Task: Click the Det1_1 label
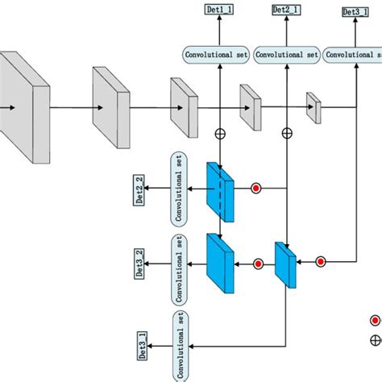click(219, 10)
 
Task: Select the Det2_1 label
click(286, 10)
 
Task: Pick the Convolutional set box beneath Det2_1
click(287, 56)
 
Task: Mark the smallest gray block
click(313, 107)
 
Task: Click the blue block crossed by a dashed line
click(219, 189)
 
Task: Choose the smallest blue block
click(286, 264)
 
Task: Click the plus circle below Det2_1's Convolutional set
click(286, 132)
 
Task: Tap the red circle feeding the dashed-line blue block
click(256, 189)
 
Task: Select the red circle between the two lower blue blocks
click(258, 263)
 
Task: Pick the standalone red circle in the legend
click(375, 320)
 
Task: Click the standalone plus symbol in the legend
click(375, 341)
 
